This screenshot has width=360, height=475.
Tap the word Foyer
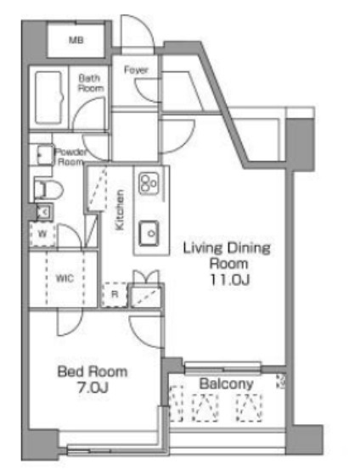point(135,70)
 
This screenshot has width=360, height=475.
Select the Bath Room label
point(91,81)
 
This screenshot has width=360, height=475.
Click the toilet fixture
point(43,187)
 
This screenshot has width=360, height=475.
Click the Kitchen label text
point(121,210)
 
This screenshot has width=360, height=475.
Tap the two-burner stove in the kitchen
point(149,183)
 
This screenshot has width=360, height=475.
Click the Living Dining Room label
point(227,255)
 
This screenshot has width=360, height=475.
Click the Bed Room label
point(93,372)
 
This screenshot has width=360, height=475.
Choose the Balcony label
point(226,383)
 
